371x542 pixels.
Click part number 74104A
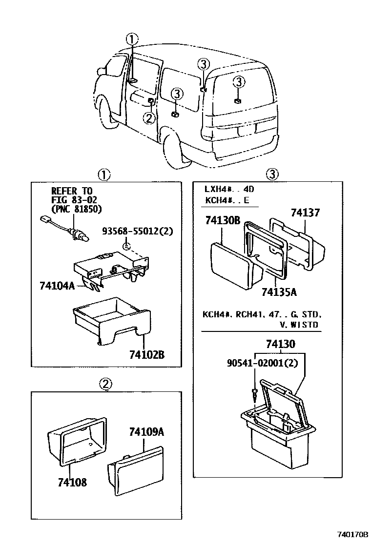[57, 286]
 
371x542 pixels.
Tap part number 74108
[72, 483]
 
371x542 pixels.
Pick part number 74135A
[279, 292]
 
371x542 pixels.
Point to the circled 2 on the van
[149, 117]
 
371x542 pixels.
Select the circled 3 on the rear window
[238, 81]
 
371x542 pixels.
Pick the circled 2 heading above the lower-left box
[105, 385]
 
